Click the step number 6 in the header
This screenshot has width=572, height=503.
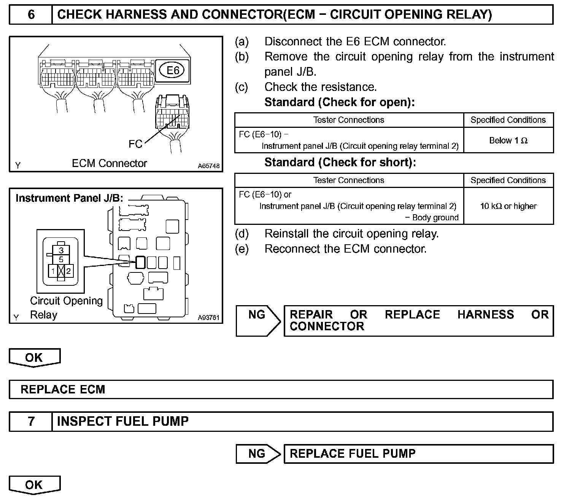31,15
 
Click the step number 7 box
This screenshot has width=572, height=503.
31,422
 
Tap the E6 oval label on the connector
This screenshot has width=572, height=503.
173,70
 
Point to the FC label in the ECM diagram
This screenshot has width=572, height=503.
135,144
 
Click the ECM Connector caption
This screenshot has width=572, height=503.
109,164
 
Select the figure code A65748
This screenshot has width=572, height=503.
208,166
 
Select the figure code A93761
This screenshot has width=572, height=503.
208,317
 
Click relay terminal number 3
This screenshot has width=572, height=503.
61,251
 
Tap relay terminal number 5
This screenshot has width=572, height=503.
61,259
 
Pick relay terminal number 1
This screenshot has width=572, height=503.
53,271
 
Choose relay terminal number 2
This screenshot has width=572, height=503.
68,271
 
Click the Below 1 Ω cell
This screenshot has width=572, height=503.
508,140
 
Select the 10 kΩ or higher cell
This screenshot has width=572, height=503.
508,206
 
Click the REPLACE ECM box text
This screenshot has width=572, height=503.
63,390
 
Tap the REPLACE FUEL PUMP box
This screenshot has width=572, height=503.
353,454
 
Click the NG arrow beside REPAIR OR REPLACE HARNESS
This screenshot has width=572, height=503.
257,320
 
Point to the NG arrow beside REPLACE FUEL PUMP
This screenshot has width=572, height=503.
257,454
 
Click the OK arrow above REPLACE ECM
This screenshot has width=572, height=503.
34,358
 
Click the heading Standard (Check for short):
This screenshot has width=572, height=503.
340,162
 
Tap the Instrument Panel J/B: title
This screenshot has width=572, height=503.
69,198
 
